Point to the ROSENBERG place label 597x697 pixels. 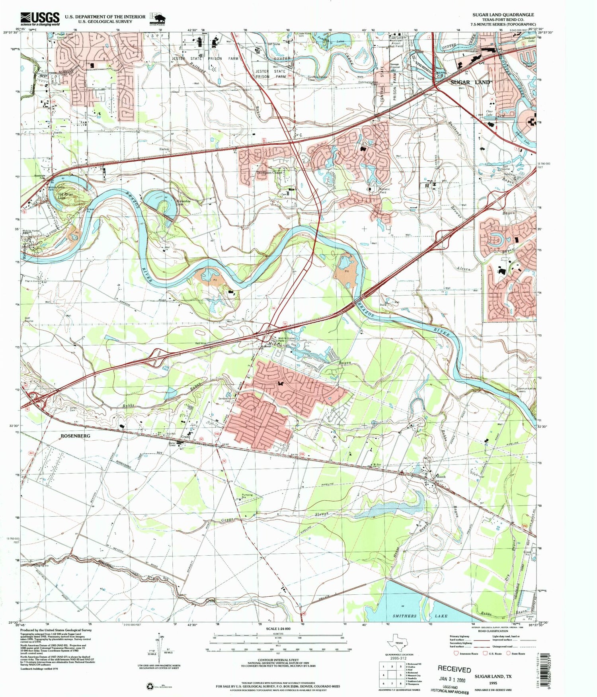pyautogui.click(x=76, y=436)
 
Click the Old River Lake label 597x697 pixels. pyautogui.click(x=65, y=195)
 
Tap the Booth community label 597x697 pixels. pyautogui.click(x=441, y=476)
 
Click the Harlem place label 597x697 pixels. pyautogui.click(x=164, y=149)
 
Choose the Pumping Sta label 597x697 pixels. pyautogui.click(x=247, y=496)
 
